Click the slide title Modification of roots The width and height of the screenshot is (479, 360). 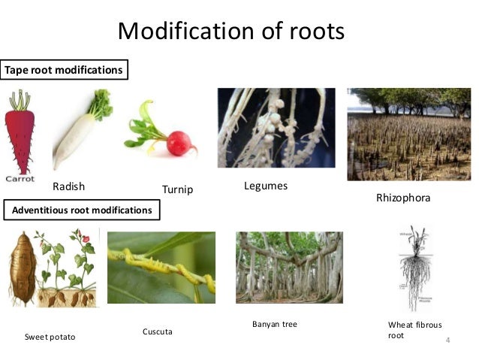point(231,31)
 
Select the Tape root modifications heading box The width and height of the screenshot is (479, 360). point(64,70)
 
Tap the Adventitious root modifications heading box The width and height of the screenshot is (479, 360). point(82,210)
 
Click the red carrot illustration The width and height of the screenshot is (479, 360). point(20,135)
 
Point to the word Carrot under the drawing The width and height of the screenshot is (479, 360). point(20,179)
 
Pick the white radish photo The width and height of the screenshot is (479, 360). point(79,132)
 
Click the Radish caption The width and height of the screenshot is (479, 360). point(68,186)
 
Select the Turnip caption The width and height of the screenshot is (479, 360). point(177,189)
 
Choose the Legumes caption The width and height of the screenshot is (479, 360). point(266,186)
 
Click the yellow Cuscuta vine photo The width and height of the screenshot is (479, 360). point(161,267)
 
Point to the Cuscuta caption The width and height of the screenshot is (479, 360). point(157,331)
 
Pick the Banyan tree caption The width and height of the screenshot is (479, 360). point(275,324)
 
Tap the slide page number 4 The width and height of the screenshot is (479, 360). point(448,342)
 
